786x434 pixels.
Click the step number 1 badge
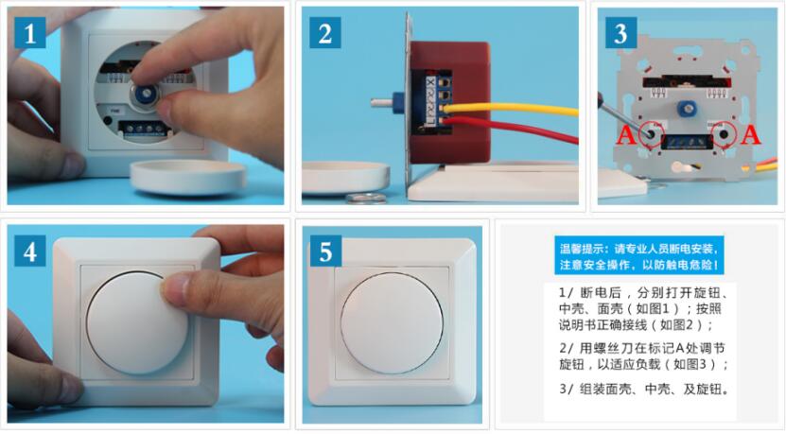tap(30, 32)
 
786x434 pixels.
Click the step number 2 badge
tap(325, 32)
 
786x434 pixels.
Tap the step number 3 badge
tap(621, 32)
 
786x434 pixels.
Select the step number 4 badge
tap(30, 252)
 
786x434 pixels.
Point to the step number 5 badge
tap(325, 252)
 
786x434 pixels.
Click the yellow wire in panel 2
tap(511, 110)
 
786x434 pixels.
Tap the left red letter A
tap(625, 135)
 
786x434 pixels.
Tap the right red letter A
tap(749, 135)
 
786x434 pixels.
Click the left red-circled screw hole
tap(651, 134)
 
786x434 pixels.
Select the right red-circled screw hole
tap(724, 134)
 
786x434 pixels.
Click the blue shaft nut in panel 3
tap(687, 108)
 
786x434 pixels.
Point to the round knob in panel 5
tap(392, 322)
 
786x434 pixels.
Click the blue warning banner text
tap(639, 256)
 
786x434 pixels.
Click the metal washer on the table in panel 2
tap(366, 198)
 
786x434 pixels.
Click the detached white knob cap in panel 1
tap(188, 178)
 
